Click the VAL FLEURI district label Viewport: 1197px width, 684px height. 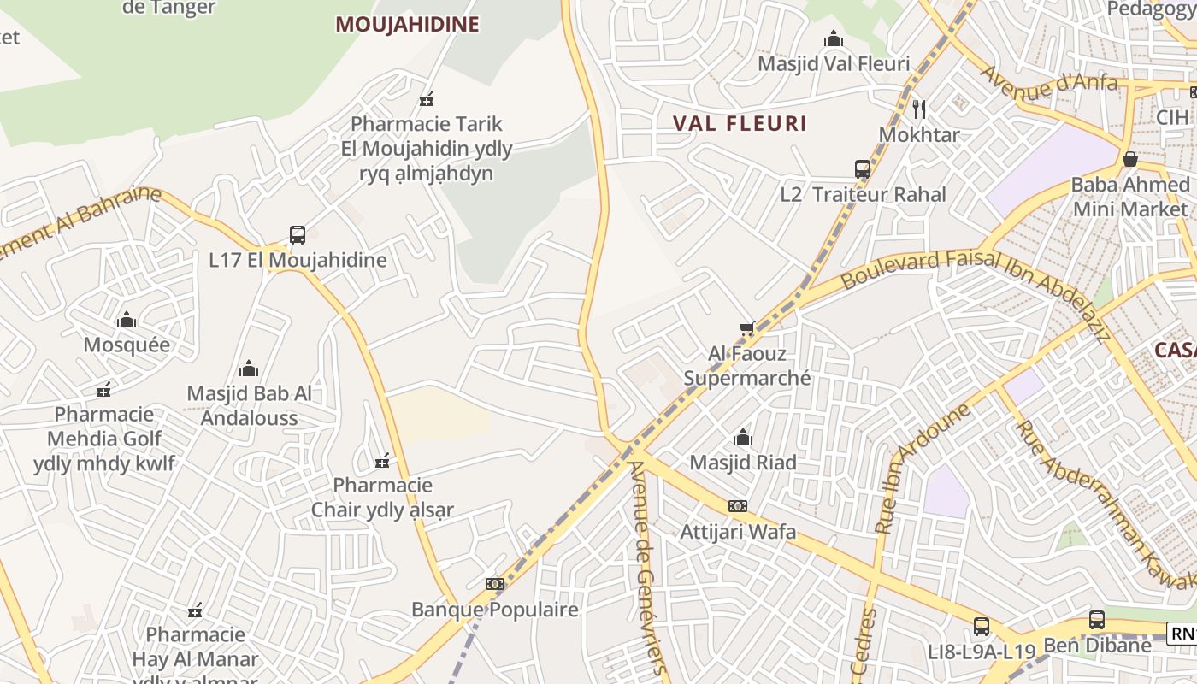[740, 123]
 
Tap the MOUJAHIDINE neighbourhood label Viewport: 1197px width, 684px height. [406, 24]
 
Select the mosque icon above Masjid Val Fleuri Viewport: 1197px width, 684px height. [834, 38]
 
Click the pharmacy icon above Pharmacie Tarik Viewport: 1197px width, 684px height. [427, 99]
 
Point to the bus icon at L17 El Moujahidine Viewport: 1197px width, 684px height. [298, 234]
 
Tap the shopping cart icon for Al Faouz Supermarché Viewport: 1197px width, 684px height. [747, 328]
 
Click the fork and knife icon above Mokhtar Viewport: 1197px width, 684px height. [919, 109]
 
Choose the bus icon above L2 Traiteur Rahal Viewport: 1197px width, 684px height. [863, 169]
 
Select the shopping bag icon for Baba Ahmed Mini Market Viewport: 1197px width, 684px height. [1130, 159]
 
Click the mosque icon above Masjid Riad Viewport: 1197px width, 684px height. [743, 438]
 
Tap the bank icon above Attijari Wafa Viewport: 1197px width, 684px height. [738, 506]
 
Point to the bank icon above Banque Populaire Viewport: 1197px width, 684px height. [495, 584]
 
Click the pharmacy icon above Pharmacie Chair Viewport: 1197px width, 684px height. [382, 462]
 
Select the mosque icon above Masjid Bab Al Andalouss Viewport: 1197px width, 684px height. [249, 369]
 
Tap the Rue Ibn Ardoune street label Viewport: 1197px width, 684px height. [921, 469]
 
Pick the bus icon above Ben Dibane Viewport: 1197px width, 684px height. [1097, 620]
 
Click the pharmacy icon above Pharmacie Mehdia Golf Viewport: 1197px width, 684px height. [104, 390]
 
